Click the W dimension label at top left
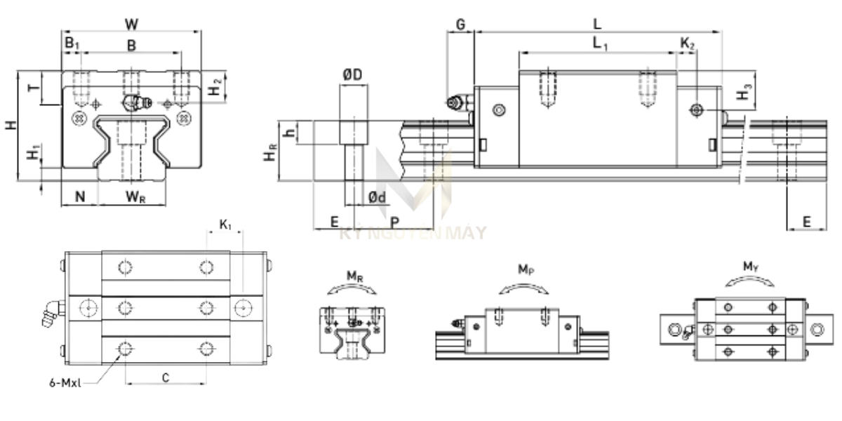click(x=131, y=24)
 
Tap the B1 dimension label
click(x=72, y=44)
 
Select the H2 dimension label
click(x=218, y=87)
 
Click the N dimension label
click(x=80, y=196)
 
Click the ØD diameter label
click(x=353, y=75)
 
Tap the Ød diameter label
click(x=377, y=198)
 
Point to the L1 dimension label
click(x=600, y=44)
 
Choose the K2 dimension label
click(x=688, y=44)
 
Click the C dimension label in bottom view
click(x=166, y=377)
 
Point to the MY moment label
click(x=749, y=267)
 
